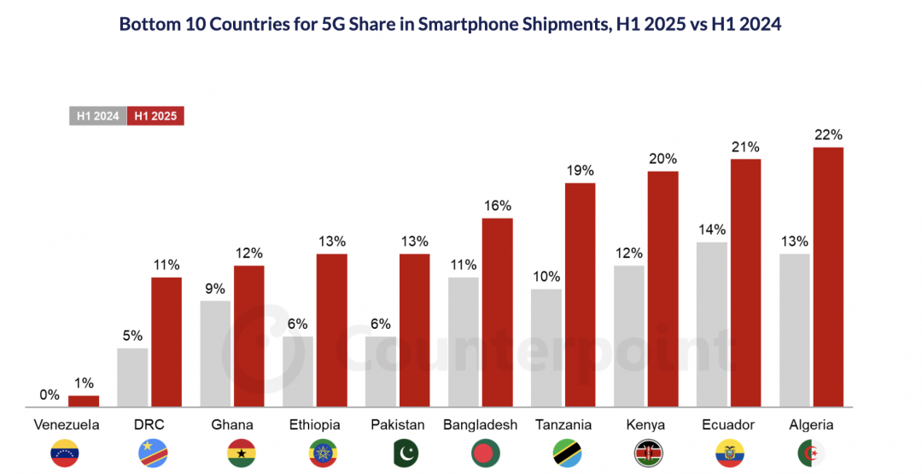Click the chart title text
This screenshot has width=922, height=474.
point(450,25)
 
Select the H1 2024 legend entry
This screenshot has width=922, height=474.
point(97,116)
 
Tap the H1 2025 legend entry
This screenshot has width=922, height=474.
point(155,116)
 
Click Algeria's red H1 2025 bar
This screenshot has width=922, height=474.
point(828,277)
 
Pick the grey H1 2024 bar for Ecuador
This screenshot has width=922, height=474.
point(712,325)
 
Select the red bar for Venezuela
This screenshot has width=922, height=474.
point(84,401)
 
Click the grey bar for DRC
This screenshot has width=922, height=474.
point(132,377)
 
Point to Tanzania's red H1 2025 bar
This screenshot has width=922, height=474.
point(580,295)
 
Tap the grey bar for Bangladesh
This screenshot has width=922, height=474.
point(464,342)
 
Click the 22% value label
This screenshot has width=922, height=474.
point(828,134)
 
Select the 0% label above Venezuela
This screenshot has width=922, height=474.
point(50,395)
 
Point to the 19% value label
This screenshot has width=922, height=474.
point(580,170)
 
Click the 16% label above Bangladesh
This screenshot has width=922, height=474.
point(497,205)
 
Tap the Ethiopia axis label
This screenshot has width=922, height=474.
point(315,424)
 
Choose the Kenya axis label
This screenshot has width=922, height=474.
point(646,424)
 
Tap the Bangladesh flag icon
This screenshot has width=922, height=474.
point(481,453)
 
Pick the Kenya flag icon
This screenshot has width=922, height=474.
point(646,453)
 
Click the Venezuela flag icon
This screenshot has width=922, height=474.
point(67,453)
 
